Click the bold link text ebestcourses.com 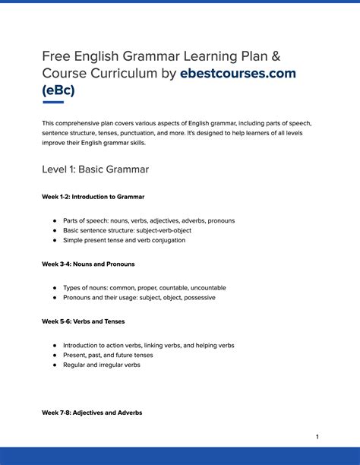238,74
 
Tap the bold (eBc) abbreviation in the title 58,90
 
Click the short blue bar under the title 52,101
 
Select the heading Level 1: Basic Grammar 95,169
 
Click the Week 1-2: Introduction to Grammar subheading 93,197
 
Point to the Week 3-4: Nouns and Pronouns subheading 88,264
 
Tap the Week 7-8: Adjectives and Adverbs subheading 92,413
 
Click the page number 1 317,437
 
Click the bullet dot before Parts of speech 55,221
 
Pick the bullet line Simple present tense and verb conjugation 124,240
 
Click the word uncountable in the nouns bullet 205,288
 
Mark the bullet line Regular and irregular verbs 102,365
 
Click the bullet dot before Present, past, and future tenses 55,355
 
